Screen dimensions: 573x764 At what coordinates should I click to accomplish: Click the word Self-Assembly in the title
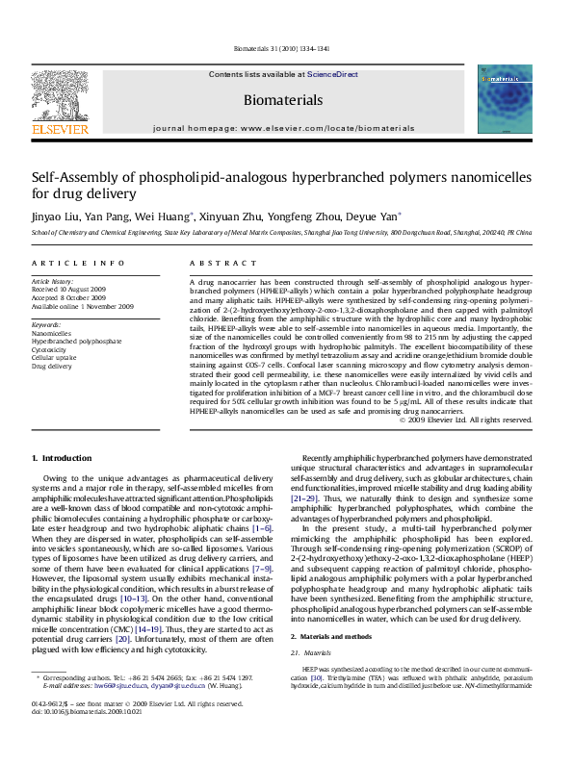click(72, 177)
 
